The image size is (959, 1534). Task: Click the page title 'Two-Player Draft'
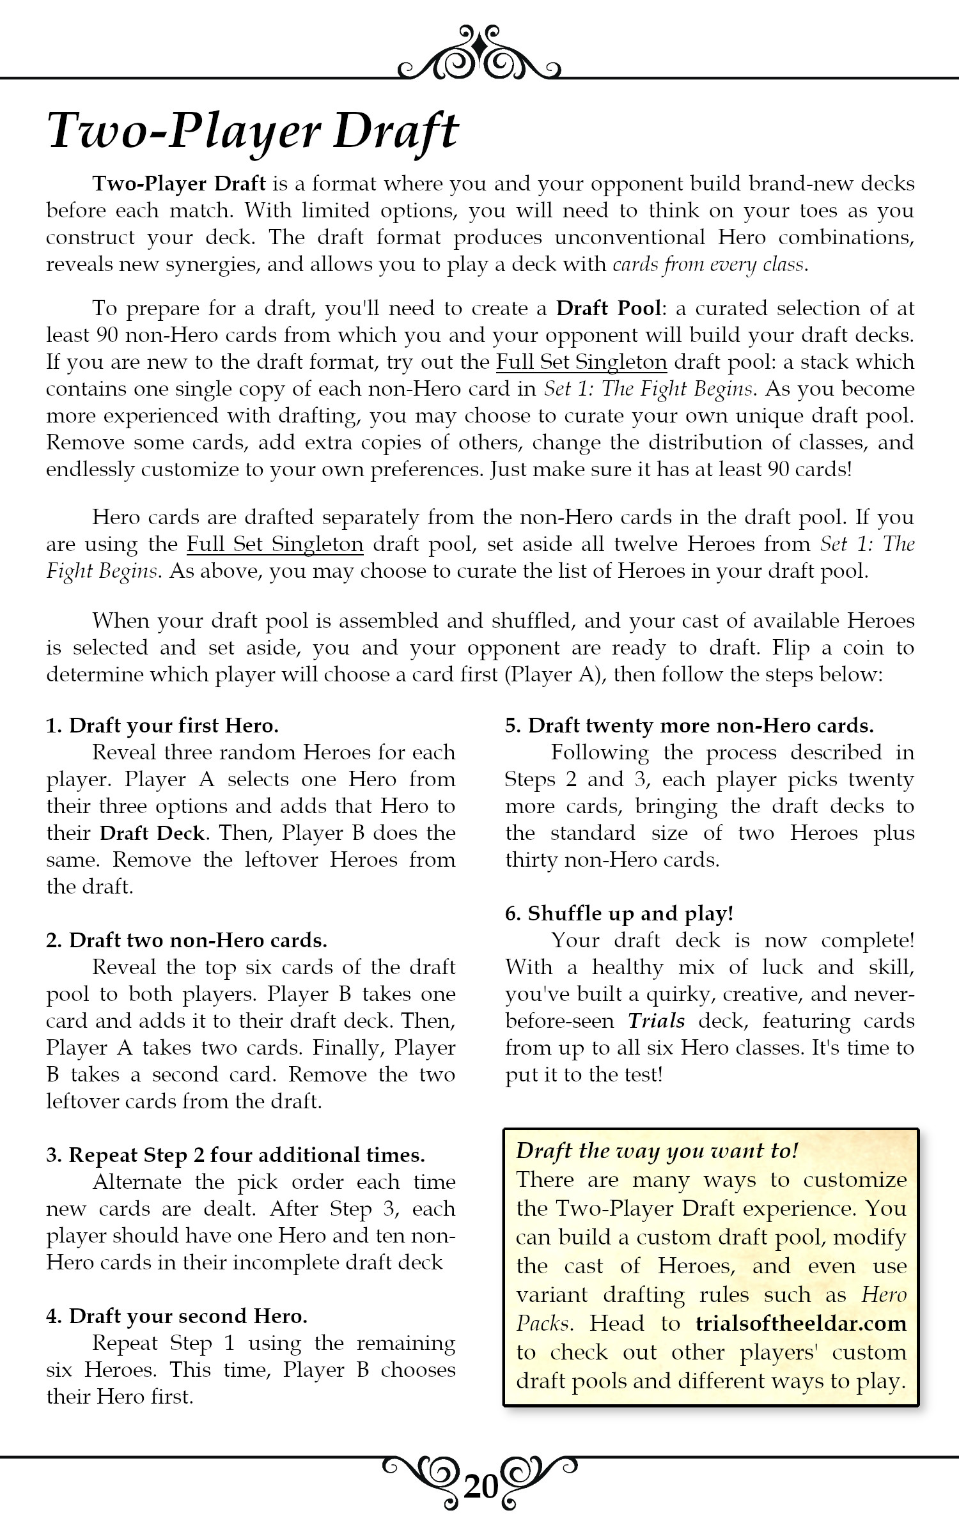253,132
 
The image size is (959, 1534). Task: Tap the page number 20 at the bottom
480,1489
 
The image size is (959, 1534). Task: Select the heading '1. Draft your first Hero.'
162,725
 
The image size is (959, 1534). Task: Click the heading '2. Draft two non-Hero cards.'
187,940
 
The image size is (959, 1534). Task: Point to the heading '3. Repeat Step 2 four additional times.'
235,1155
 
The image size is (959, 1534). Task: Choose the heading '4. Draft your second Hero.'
177,1316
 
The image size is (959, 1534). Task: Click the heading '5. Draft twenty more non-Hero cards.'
689,725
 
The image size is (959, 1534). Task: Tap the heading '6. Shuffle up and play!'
619,913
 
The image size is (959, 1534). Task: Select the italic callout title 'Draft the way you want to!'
657,1151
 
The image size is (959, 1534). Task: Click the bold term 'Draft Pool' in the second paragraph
608,308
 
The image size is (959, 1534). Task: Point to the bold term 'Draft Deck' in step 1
153,833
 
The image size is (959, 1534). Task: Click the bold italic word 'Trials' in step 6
657,1021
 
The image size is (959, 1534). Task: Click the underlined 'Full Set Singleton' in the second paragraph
582,362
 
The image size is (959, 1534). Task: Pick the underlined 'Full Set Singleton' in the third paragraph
275,544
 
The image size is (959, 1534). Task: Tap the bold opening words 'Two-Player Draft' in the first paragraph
179,184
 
